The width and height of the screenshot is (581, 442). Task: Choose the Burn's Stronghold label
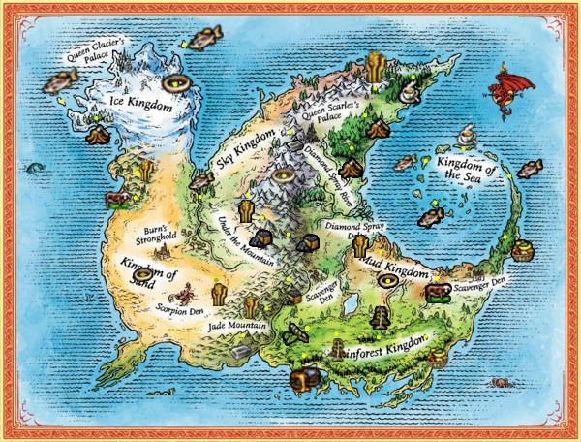pos(154,236)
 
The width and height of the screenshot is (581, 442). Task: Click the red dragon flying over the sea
pos(511,85)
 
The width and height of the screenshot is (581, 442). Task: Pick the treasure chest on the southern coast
pos(308,377)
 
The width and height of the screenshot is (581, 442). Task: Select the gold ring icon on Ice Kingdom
pos(176,84)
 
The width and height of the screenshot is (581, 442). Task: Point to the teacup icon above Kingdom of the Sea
pos(467,131)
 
